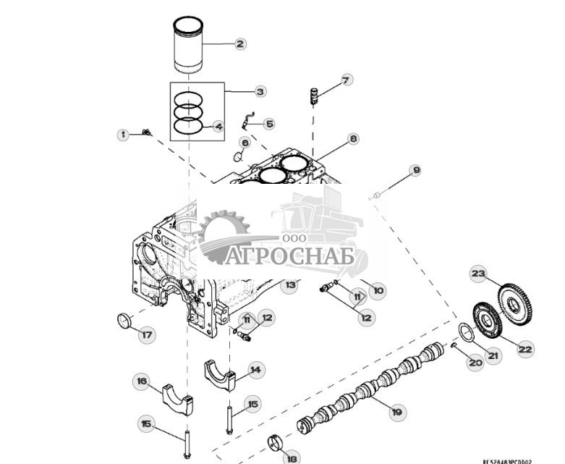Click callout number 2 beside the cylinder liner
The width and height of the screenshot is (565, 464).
(x=240, y=43)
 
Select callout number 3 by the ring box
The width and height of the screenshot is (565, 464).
(x=260, y=91)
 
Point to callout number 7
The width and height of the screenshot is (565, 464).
(x=346, y=80)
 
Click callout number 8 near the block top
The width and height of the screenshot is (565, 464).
(x=352, y=138)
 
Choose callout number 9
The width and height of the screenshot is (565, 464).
(x=415, y=171)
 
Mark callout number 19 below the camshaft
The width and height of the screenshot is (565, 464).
(x=396, y=412)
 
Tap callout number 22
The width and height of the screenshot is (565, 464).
(x=525, y=348)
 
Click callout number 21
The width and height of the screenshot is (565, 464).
(x=493, y=355)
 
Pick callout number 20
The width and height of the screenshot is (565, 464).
(x=475, y=363)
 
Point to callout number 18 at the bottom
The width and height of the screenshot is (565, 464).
(x=292, y=457)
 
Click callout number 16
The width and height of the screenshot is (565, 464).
(x=142, y=381)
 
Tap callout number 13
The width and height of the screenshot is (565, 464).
(x=290, y=285)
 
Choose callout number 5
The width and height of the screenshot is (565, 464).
(x=268, y=124)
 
